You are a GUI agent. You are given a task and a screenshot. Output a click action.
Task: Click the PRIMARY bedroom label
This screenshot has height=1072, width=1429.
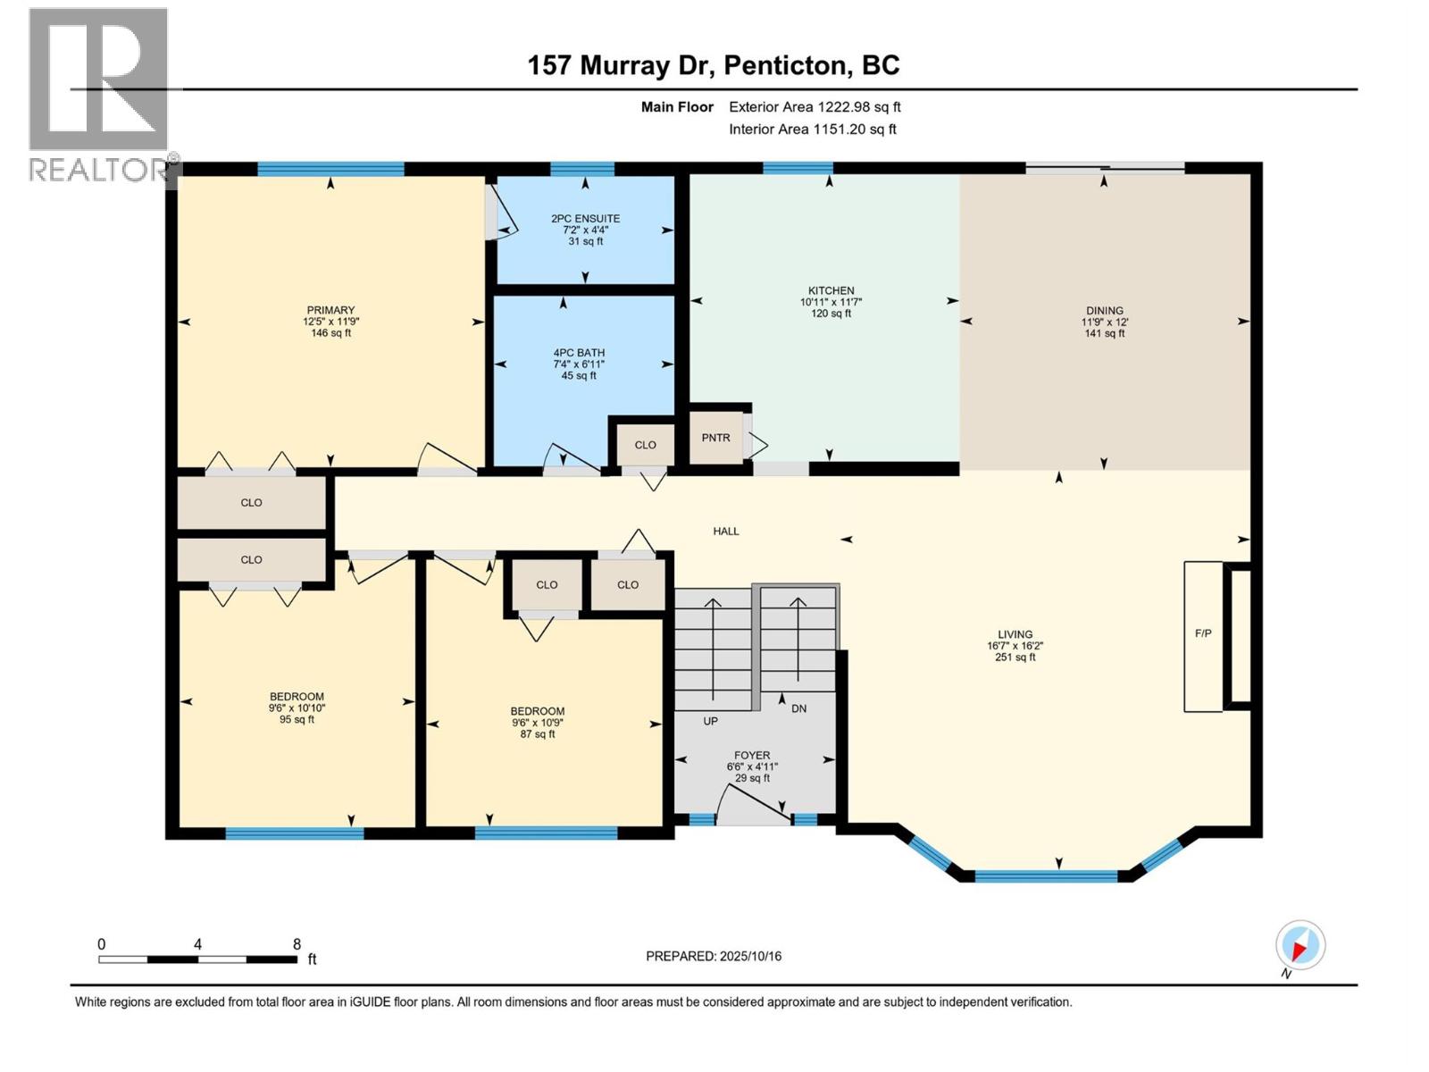pyautogui.click(x=330, y=311)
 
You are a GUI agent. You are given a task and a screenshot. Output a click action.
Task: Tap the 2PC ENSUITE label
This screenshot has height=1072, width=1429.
pyautogui.click(x=585, y=219)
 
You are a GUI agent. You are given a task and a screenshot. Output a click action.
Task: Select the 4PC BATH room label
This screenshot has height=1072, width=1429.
pyautogui.click(x=579, y=353)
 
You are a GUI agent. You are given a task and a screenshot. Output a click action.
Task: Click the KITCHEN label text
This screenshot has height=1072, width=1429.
pyautogui.click(x=831, y=291)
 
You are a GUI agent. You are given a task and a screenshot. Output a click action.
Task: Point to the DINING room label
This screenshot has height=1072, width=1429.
pyautogui.click(x=1105, y=311)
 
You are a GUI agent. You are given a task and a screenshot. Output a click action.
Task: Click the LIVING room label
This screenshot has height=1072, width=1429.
pyautogui.click(x=1015, y=634)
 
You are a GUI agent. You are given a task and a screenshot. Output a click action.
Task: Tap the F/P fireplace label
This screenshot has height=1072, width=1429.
pyautogui.click(x=1203, y=633)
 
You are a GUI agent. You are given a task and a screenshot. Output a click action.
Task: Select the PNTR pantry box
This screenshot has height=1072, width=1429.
pyautogui.click(x=716, y=438)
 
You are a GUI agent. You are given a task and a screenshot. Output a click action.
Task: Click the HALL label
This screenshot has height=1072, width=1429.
pyautogui.click(x=725, y=532)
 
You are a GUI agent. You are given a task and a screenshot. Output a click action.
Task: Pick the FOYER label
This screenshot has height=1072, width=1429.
pyautogui.click(x=752, y=756)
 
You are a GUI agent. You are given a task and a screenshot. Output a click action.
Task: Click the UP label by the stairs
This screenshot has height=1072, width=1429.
pyautogui.click(x=710, y=721)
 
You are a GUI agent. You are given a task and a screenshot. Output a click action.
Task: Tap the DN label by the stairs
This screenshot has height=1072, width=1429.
pyautogui.click(x=798, y=708)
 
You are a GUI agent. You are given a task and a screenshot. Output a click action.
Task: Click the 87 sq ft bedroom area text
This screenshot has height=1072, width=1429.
pyautogui.click(x=538, y=734)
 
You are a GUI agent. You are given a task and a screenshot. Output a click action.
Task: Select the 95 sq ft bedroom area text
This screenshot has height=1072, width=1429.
pyautogui.click(x=297, y=719)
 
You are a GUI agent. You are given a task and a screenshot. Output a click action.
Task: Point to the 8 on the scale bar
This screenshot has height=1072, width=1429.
pyautogui.click(x=297, y=944)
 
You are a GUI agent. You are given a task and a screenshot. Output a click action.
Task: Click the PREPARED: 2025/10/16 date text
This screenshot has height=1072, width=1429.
pyautogui.click(x=714, y=956)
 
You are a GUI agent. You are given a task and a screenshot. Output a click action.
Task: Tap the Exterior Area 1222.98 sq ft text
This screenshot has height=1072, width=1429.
pyautogui.click(x=815, y=107)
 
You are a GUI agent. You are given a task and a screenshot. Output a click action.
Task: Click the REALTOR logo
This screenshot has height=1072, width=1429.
pyautogui.click(x=99, y=94)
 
